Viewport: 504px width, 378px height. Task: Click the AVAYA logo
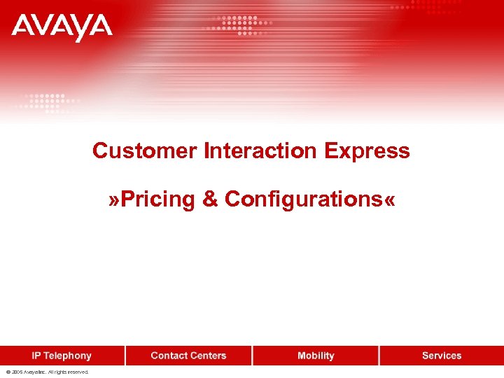[x=62, y=27]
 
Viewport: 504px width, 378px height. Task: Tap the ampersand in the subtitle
[x=210, y=199]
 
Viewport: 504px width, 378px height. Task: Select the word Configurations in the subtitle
[x=303, y=199]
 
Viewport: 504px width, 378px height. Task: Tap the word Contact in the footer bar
[x=169, y=356]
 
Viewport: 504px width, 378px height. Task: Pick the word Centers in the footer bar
[x=209, y=356]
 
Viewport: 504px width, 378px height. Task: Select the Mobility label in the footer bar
[x=316, y=356]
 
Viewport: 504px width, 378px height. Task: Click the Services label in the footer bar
[x=442, y=356]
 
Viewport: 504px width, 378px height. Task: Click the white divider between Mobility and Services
[x=379, y=356]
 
